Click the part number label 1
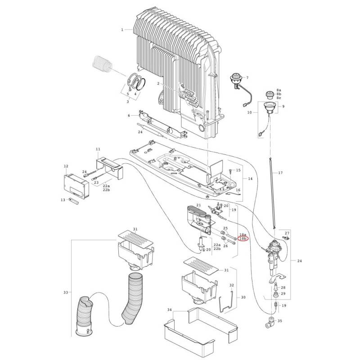click(122, 30)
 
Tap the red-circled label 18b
click(243, 240)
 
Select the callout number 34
click(170, 310)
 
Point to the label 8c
click(279, 98)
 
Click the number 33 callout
click(66, 292)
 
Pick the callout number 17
click(129, 116)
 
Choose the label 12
click(66, 166)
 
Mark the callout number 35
click(280, 321)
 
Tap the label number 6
click(129, 116)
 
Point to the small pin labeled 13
click(74, 201)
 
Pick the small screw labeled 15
click(230, 171)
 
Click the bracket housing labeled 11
click(110, 165)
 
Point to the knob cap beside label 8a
click(270, 94)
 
